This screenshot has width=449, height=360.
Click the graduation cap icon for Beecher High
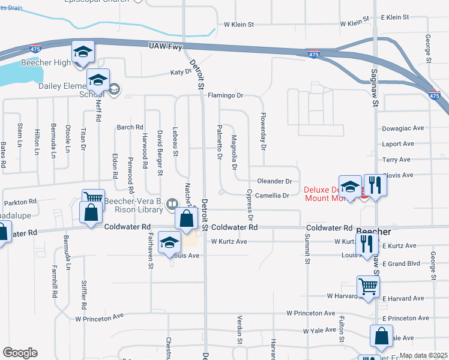coord(83,52)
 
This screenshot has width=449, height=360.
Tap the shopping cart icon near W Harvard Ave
coord(367,286)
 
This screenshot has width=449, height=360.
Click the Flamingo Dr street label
coord(225,95)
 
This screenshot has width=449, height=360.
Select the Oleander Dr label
coord(274,181)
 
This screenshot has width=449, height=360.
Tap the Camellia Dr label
coord(273,196)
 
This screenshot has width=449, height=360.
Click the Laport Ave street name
coord(398,144)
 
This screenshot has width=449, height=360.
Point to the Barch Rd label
coord(130,127)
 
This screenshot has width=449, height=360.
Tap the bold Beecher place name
coord(373,232)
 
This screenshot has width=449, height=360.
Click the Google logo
coord(20,353)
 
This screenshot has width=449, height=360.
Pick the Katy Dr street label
coord(180,72)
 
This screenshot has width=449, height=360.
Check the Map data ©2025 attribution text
coord(423,356)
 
